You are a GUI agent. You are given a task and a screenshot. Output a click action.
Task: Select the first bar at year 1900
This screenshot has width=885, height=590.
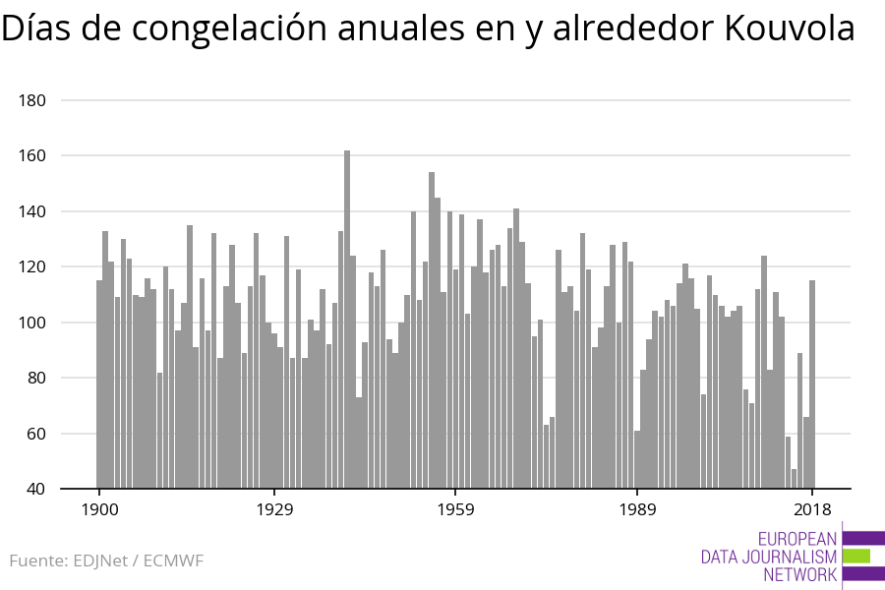[99, 384]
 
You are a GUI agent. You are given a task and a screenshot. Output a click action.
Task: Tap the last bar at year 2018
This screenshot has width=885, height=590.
[812, 384]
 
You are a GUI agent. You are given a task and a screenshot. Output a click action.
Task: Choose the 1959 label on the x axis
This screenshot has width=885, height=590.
[455, 509]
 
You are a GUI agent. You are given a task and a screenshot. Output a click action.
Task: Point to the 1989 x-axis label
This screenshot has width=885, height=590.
[637, 509]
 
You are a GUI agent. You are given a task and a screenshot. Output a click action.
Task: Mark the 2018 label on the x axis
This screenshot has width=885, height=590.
[812, 509]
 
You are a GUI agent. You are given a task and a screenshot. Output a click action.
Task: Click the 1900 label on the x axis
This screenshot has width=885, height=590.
[99, 509]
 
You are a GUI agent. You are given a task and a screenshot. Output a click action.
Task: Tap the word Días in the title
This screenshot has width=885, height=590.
[36, 29]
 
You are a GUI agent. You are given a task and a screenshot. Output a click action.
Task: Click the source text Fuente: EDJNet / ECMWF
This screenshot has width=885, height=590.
[106, 560]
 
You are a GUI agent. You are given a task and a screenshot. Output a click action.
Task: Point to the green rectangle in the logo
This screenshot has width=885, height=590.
[856, 556]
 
